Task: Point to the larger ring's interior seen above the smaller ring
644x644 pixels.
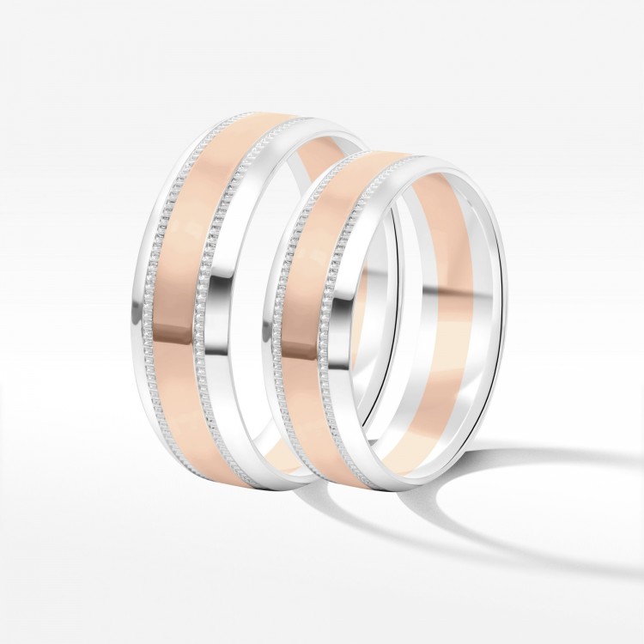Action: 326,142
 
